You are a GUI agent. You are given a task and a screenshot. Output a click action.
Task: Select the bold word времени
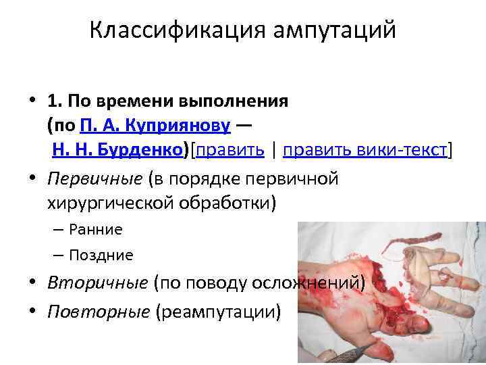pos(136,101)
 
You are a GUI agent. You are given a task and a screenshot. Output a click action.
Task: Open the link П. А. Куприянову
pos(155,126)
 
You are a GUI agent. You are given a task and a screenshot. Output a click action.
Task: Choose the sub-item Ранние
pos(95,230)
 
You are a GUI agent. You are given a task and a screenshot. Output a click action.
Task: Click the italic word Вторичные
pos(97,283)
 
